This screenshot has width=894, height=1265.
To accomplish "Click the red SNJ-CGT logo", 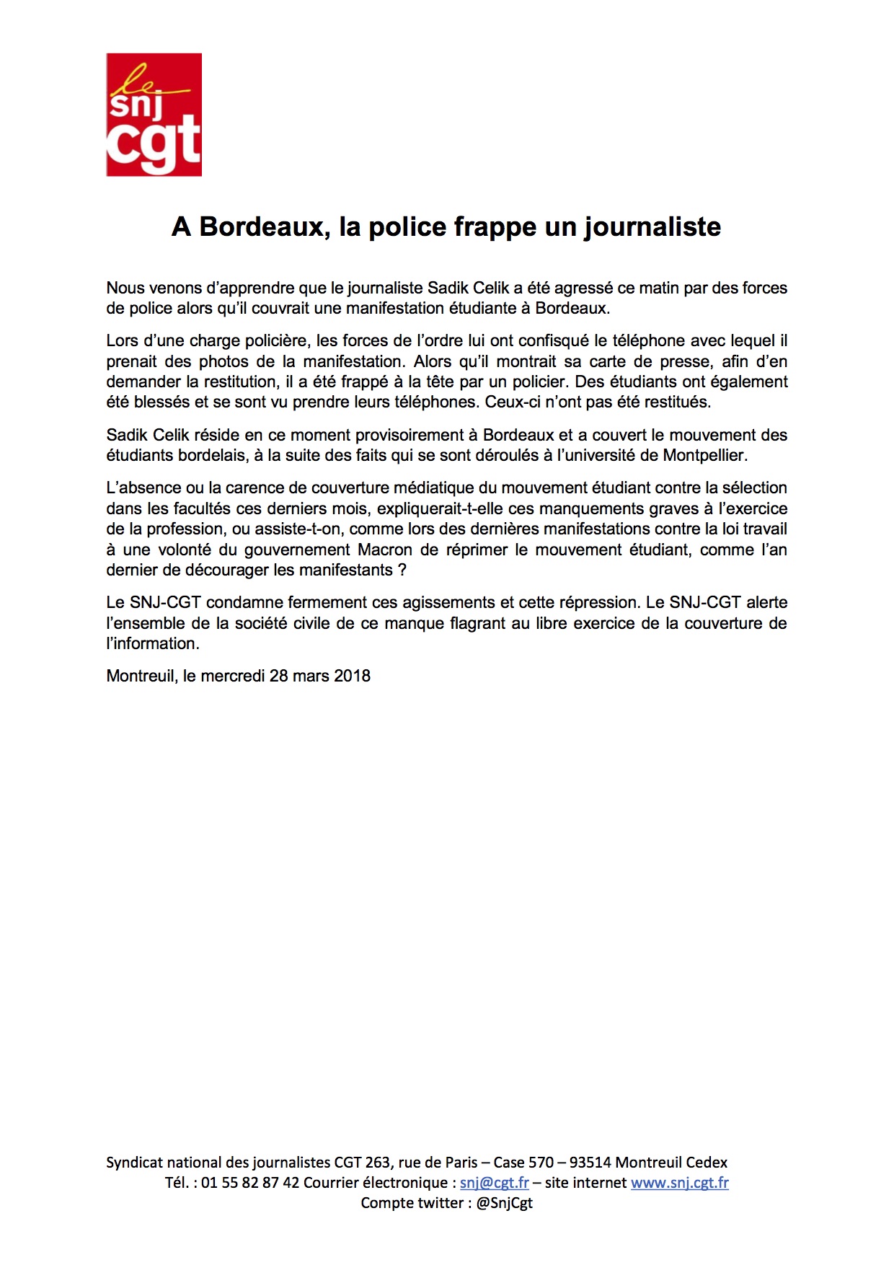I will pyautogui.click(x=154, y=115).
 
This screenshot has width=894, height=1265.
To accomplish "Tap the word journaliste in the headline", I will pyautogui.click(x=652, y=227).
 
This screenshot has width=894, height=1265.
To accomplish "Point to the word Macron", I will pyautogui.click(x=385, y=550).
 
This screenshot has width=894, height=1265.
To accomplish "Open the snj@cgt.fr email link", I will pyautogui.click(x=495, y=1183).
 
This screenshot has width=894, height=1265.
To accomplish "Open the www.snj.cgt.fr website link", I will pyautogui.click(x=680, y=1183).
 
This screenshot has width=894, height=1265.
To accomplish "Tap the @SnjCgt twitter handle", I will pyautogui.click(x=504, y=1203).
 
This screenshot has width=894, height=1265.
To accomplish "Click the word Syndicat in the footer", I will pyautogui.click(x=135, y=1163).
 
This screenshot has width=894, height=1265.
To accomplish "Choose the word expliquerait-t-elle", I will pyautogui.click(x=440, y=508).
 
